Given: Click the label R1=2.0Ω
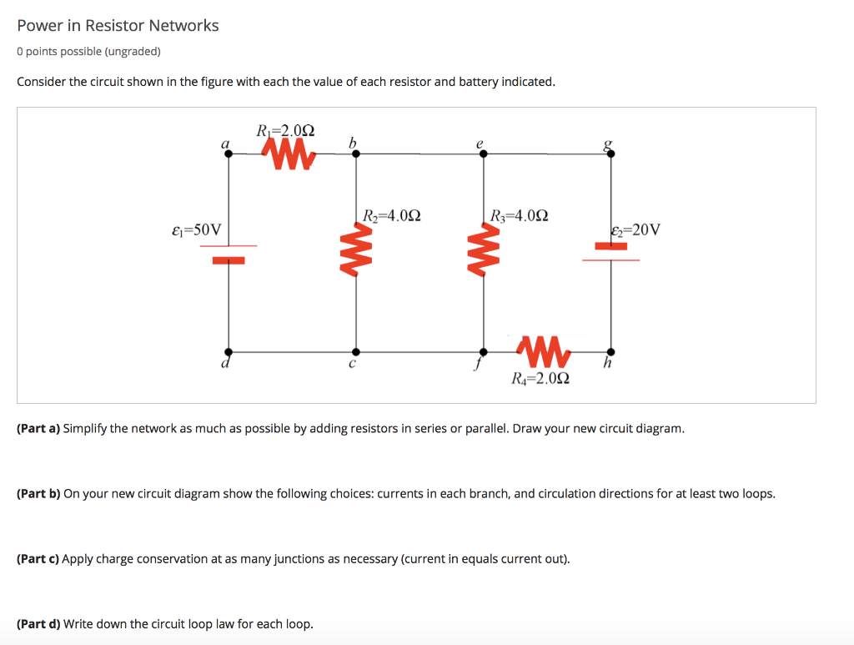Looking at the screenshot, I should (284, 130).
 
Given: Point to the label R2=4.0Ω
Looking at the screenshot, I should (391, 215).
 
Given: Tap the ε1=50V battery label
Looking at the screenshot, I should (196, 229).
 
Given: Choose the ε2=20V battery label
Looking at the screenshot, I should (635, 230).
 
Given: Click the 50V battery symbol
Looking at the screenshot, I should (229, 253).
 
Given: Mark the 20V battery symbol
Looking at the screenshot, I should (611, 253).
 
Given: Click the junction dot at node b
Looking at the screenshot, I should (357, 154).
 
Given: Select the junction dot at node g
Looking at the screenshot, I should (611, 154).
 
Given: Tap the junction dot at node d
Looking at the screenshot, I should (229, 351).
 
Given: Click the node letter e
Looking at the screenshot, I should (480, 143).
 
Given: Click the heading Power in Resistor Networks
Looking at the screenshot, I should (118, 26).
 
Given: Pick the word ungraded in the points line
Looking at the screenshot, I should (131, 52).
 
